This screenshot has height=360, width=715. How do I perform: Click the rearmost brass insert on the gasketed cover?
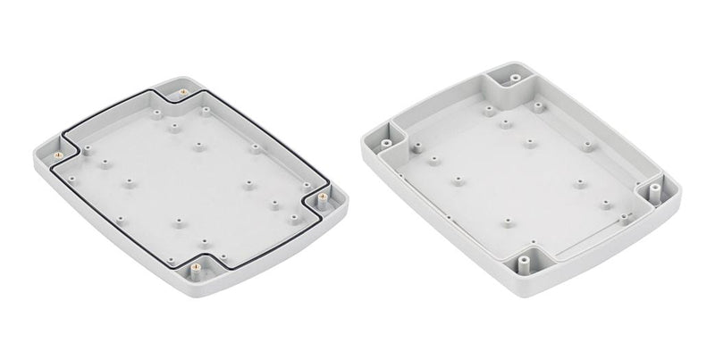click(x=182, y=92)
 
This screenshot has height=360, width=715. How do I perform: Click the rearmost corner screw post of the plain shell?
click(x=515, y=80)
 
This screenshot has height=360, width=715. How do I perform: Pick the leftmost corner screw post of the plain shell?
click(x=384, y=141)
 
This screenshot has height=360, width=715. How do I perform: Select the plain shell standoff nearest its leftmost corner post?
click(x=433, y=161)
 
